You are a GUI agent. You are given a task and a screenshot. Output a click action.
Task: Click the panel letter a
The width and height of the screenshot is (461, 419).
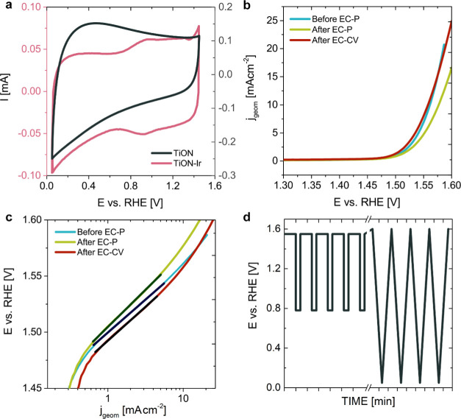coord(6,7)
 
